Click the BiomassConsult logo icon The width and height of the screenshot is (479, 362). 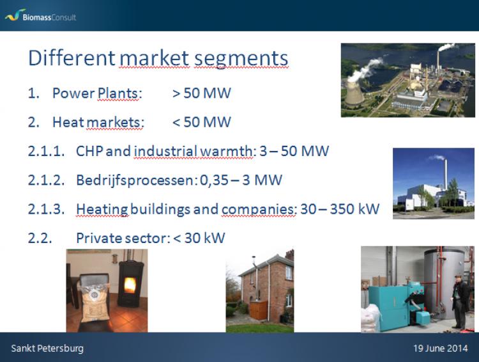13,15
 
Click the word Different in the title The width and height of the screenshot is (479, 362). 72,58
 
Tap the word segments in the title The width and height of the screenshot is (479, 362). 241,59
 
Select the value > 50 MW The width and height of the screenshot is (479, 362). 202,93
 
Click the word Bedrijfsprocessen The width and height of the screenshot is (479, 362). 134,180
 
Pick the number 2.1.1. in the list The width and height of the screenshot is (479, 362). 46,151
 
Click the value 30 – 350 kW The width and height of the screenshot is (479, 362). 340,209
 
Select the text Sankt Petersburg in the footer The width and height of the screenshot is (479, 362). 47,348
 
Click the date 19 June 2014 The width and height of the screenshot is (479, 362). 441,348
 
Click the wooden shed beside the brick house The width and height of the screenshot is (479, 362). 259,310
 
